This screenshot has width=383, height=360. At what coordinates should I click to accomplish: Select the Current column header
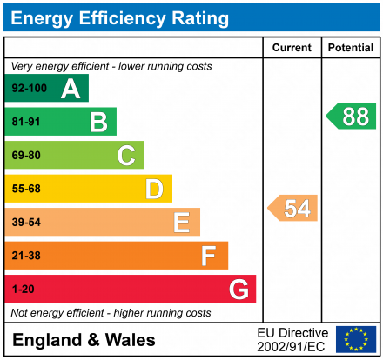[x=292, y=48]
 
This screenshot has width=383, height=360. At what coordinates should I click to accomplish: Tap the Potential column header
[x=351, y=48]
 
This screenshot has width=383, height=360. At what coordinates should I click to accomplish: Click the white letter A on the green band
[x=71, y=89]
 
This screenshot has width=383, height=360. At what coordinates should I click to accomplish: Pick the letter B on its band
[x=98, y=123]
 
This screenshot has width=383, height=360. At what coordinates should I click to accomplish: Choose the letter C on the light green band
[x=126, y=156]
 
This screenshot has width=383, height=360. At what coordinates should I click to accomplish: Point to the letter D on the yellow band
[x=154, y=189]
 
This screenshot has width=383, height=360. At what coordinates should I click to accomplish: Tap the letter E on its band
[x=181, y=223]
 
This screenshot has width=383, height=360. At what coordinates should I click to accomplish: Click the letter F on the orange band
[x=209, y=256]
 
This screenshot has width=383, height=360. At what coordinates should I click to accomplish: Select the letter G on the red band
[x=238, y=289]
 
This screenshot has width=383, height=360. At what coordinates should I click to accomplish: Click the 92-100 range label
[x=29, y=89]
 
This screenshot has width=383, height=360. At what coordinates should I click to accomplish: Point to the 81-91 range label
[x=26, y=123]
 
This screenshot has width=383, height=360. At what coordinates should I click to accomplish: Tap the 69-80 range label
[x=26, y=156]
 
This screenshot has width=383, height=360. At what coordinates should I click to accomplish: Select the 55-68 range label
[x=26, y=189]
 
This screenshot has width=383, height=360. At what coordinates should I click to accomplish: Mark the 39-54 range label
[x=26, y=223]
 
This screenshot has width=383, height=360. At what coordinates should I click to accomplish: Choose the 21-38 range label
[x=26, y=256]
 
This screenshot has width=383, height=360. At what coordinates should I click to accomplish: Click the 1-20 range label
[x=23, y=289]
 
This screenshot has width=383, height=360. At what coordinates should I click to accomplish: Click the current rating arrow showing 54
[x=293, y=209]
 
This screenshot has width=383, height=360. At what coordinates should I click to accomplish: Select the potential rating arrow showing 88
[x=352, y=117]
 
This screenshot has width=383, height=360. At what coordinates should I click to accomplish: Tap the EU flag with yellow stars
[x=356, y=339]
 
